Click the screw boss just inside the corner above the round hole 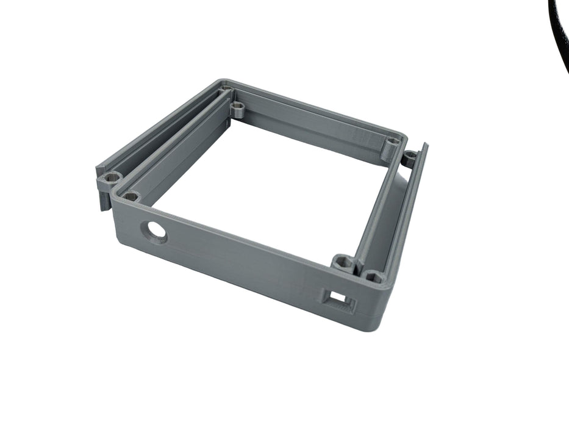click(x=131, y=196)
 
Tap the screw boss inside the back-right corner click(x=393, y=143)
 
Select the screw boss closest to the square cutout click(x=374, y=278)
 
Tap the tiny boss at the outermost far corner click(x=226, y=89)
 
